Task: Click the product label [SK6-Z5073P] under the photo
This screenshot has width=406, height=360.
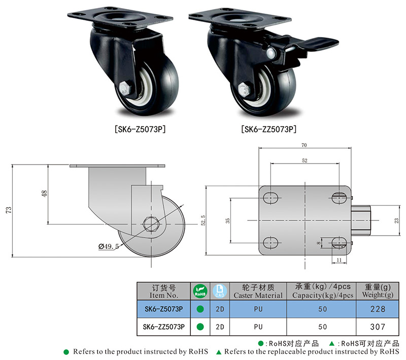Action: (138, 129)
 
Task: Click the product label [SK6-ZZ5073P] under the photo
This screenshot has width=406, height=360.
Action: (268, 129)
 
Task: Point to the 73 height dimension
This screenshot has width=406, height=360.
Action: (8, 211)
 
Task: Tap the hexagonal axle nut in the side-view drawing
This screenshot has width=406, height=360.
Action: (151, 223)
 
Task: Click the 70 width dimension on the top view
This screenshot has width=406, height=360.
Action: (303, 145)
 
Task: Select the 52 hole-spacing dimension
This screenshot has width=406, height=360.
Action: (304, 160)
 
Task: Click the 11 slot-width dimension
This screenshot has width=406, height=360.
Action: (337, 260)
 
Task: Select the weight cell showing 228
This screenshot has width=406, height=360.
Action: (378, 309)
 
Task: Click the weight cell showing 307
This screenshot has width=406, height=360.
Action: (378, 326)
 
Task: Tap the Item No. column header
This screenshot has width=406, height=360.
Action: (164, 291)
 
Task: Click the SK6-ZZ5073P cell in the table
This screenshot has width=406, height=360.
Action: (164, 326)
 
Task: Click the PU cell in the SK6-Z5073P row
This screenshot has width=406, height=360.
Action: (257, 309)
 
